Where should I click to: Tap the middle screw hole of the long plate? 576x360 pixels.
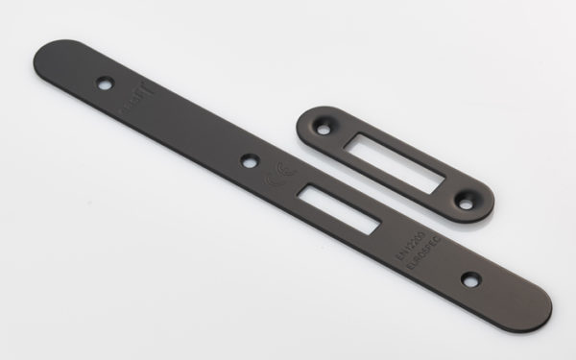(x=249, y=161)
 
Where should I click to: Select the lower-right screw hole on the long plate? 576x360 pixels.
(x=469, y=278)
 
